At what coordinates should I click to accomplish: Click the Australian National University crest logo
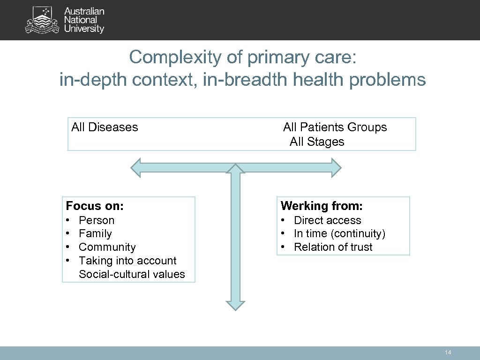coord(43,21)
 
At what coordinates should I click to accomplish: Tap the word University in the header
coord(84,29)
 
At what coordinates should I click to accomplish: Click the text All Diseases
coord(105,127)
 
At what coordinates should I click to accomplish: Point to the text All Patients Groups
coord(335,127)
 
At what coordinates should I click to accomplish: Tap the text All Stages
coord(317,142)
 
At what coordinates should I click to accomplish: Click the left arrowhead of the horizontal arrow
coord(136,167)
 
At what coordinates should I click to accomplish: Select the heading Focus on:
coord(95,206)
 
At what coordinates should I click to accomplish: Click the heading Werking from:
coord(322,206)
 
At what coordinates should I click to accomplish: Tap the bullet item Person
coord(97,220)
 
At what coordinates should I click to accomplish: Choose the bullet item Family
coord(95,233)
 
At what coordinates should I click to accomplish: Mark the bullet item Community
coord(107,247)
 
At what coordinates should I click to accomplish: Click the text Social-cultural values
coord(132,274)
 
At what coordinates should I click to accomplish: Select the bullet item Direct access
coord(327,220)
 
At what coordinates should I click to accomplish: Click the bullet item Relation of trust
coord(333,247)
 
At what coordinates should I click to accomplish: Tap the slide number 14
coord(448,352)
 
